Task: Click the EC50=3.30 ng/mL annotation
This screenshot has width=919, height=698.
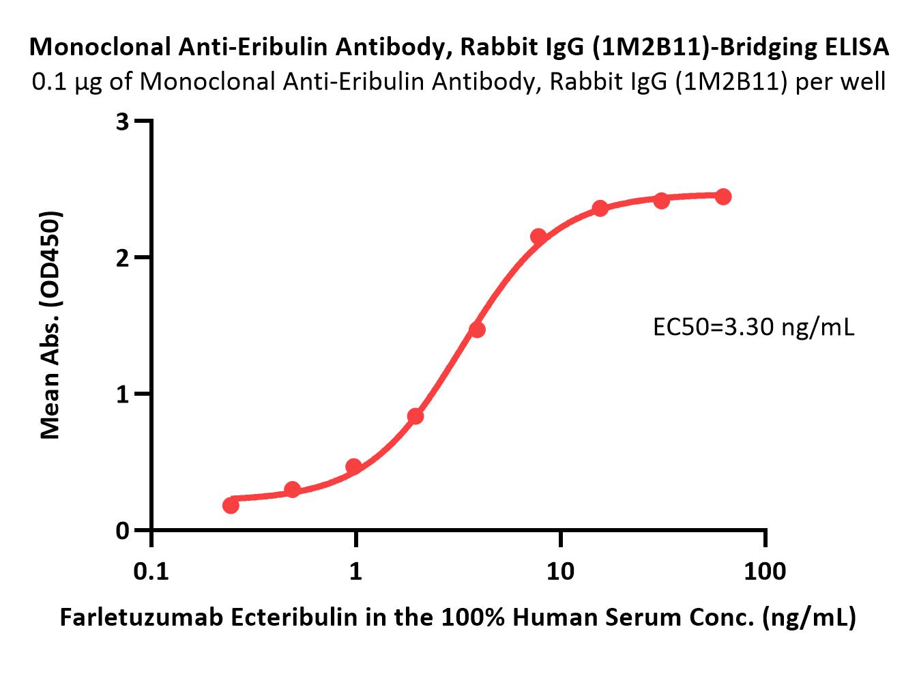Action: tap(753, 328)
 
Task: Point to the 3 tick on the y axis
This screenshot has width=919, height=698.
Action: tap(123, 121)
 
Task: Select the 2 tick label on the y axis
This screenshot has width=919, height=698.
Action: tap(123, 258)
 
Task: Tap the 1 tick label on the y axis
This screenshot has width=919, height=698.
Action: tap(123, 394)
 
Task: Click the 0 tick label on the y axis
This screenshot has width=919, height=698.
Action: tap(123, 531)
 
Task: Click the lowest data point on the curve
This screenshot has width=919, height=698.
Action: tap(231, 505)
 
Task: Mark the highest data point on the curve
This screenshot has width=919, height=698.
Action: tap(723, 197)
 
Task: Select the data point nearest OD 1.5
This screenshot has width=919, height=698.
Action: tap(477, 330)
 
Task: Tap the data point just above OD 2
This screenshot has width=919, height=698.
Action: tap(538, 237)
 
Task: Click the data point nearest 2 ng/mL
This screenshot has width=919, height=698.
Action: tap(415, 416)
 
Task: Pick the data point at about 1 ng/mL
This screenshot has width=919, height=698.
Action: tap(353, 467)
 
